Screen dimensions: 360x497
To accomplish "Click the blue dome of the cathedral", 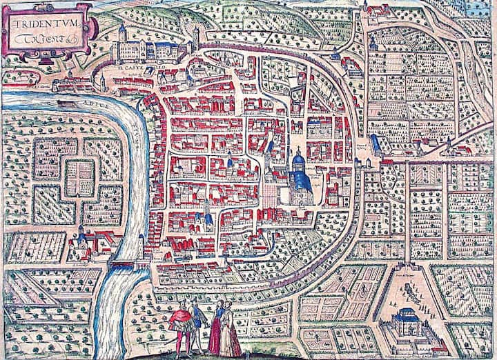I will (298, 161).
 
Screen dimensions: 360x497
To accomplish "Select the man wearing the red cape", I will (182, 321).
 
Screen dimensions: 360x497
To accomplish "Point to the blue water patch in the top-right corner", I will (481, 8).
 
